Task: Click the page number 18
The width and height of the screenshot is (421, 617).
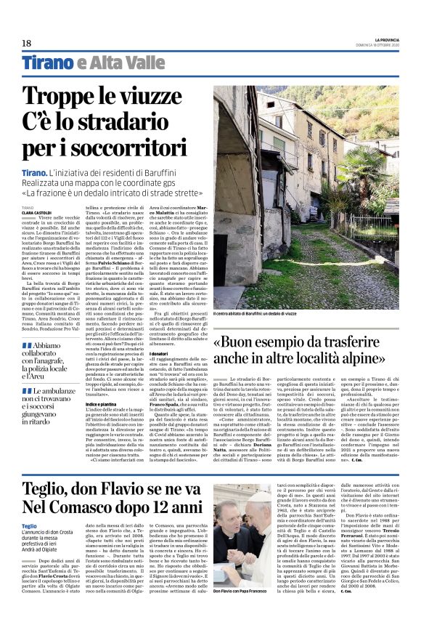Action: click(26, 43)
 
